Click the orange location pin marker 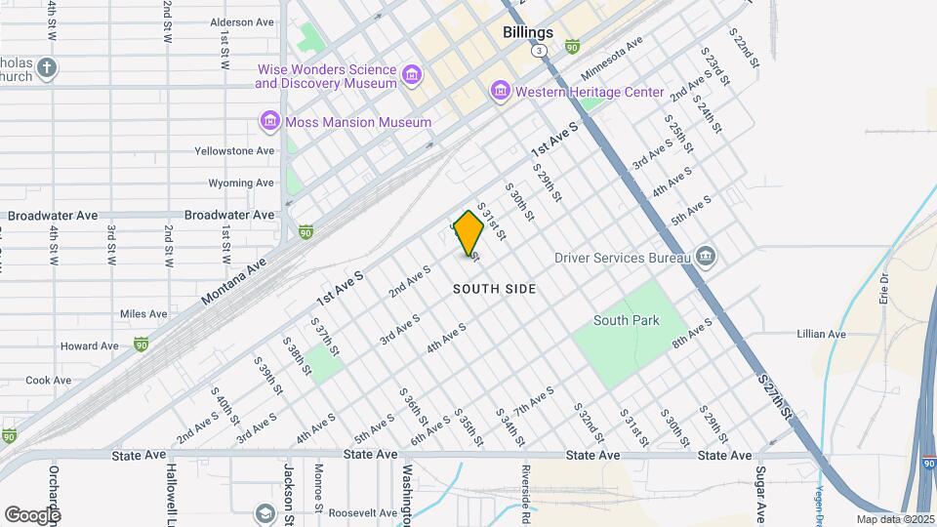(469, 232)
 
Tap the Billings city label (528, 32)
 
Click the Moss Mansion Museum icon (269, 122)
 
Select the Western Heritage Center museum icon (501, 92)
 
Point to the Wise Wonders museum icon (412, 75)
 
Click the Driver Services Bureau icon (706, 258)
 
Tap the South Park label (627, 320)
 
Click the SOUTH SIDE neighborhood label (495, 290)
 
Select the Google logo (32, 514)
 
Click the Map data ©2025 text (894, 519)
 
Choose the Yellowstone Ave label (234, 151)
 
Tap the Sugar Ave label (759, 493)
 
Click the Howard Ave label (89, 346)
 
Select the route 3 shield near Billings (538, 50)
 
